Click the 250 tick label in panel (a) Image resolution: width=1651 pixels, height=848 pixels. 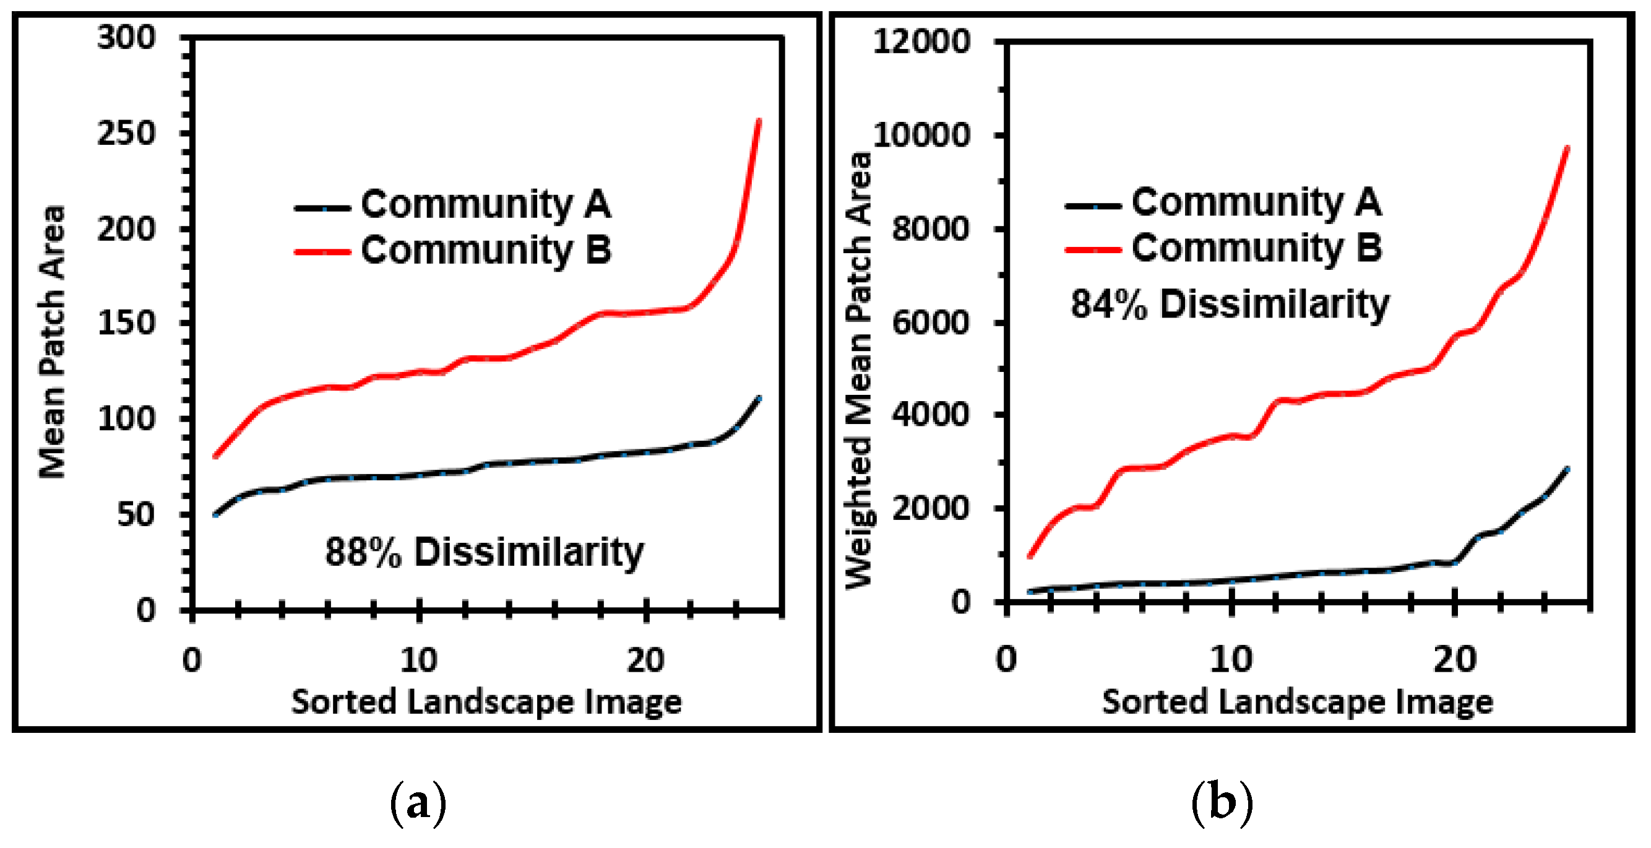coord(126,134)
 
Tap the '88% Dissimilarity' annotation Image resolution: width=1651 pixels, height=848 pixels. coord(484,552)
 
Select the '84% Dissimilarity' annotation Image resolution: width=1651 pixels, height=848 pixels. coord(1229,304)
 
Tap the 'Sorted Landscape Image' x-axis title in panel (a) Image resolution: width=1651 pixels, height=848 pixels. coord(486,701)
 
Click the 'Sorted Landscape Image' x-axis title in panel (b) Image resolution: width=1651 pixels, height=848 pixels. coord(1297,701)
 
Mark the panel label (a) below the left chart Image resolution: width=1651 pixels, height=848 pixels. coord(418,802)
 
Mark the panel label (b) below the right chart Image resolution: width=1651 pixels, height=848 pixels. coord(1222,802)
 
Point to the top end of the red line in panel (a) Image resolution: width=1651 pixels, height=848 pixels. coord(759,121)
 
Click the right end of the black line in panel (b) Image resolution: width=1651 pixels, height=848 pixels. coord(1567,469)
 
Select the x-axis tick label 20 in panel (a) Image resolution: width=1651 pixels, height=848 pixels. coord(645,660)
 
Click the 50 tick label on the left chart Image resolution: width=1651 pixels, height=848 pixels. coord(136,514)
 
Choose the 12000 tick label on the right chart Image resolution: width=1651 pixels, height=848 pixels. coord(921,42)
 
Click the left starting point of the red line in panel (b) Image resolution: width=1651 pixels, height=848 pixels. coord(1029,556)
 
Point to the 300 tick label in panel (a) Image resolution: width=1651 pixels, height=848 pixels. coord(126,38)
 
